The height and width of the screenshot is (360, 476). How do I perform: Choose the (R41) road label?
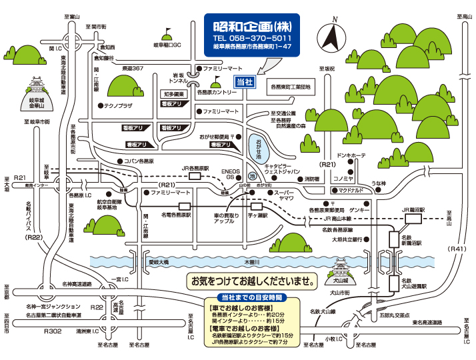[x=456, y=249]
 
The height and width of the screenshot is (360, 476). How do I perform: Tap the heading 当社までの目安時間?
[x=251, y=297]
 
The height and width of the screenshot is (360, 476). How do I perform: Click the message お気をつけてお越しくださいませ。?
[x=254, y=281]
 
